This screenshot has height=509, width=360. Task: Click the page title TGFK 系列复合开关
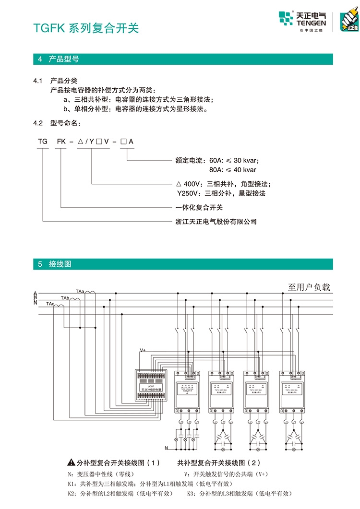pyautogui.click(x=86, y=28)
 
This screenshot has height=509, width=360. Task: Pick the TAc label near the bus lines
pyautogui.click(x=50, y=304)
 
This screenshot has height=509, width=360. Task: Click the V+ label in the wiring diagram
pyautogui.click(x=143, y=350)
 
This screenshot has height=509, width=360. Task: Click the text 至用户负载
pyautogui.click(x=309, y=287)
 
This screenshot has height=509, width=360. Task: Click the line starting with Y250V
pyautogui.click(x=221, y=193)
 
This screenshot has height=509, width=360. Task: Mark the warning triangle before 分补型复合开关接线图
pyautogui.click(x=71, y=463)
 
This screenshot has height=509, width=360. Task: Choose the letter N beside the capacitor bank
pyautogui.click(x=166, y=448)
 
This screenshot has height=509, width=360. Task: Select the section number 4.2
pyautogui.click(x=38, y=123)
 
